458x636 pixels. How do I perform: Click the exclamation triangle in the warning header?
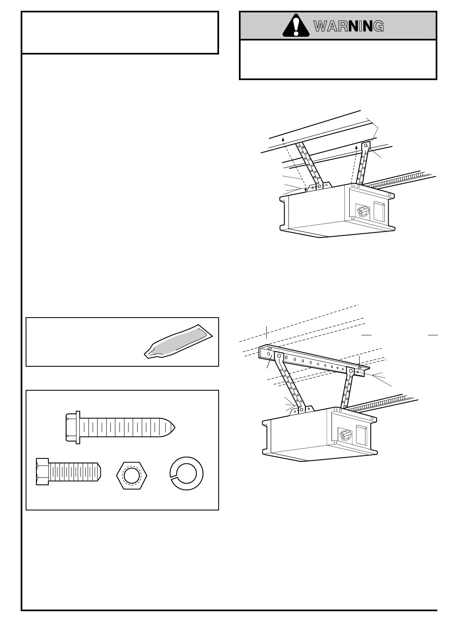(296, 26)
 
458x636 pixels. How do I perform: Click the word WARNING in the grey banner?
(348, 26)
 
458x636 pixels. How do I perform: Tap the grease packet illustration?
(179, 341)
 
